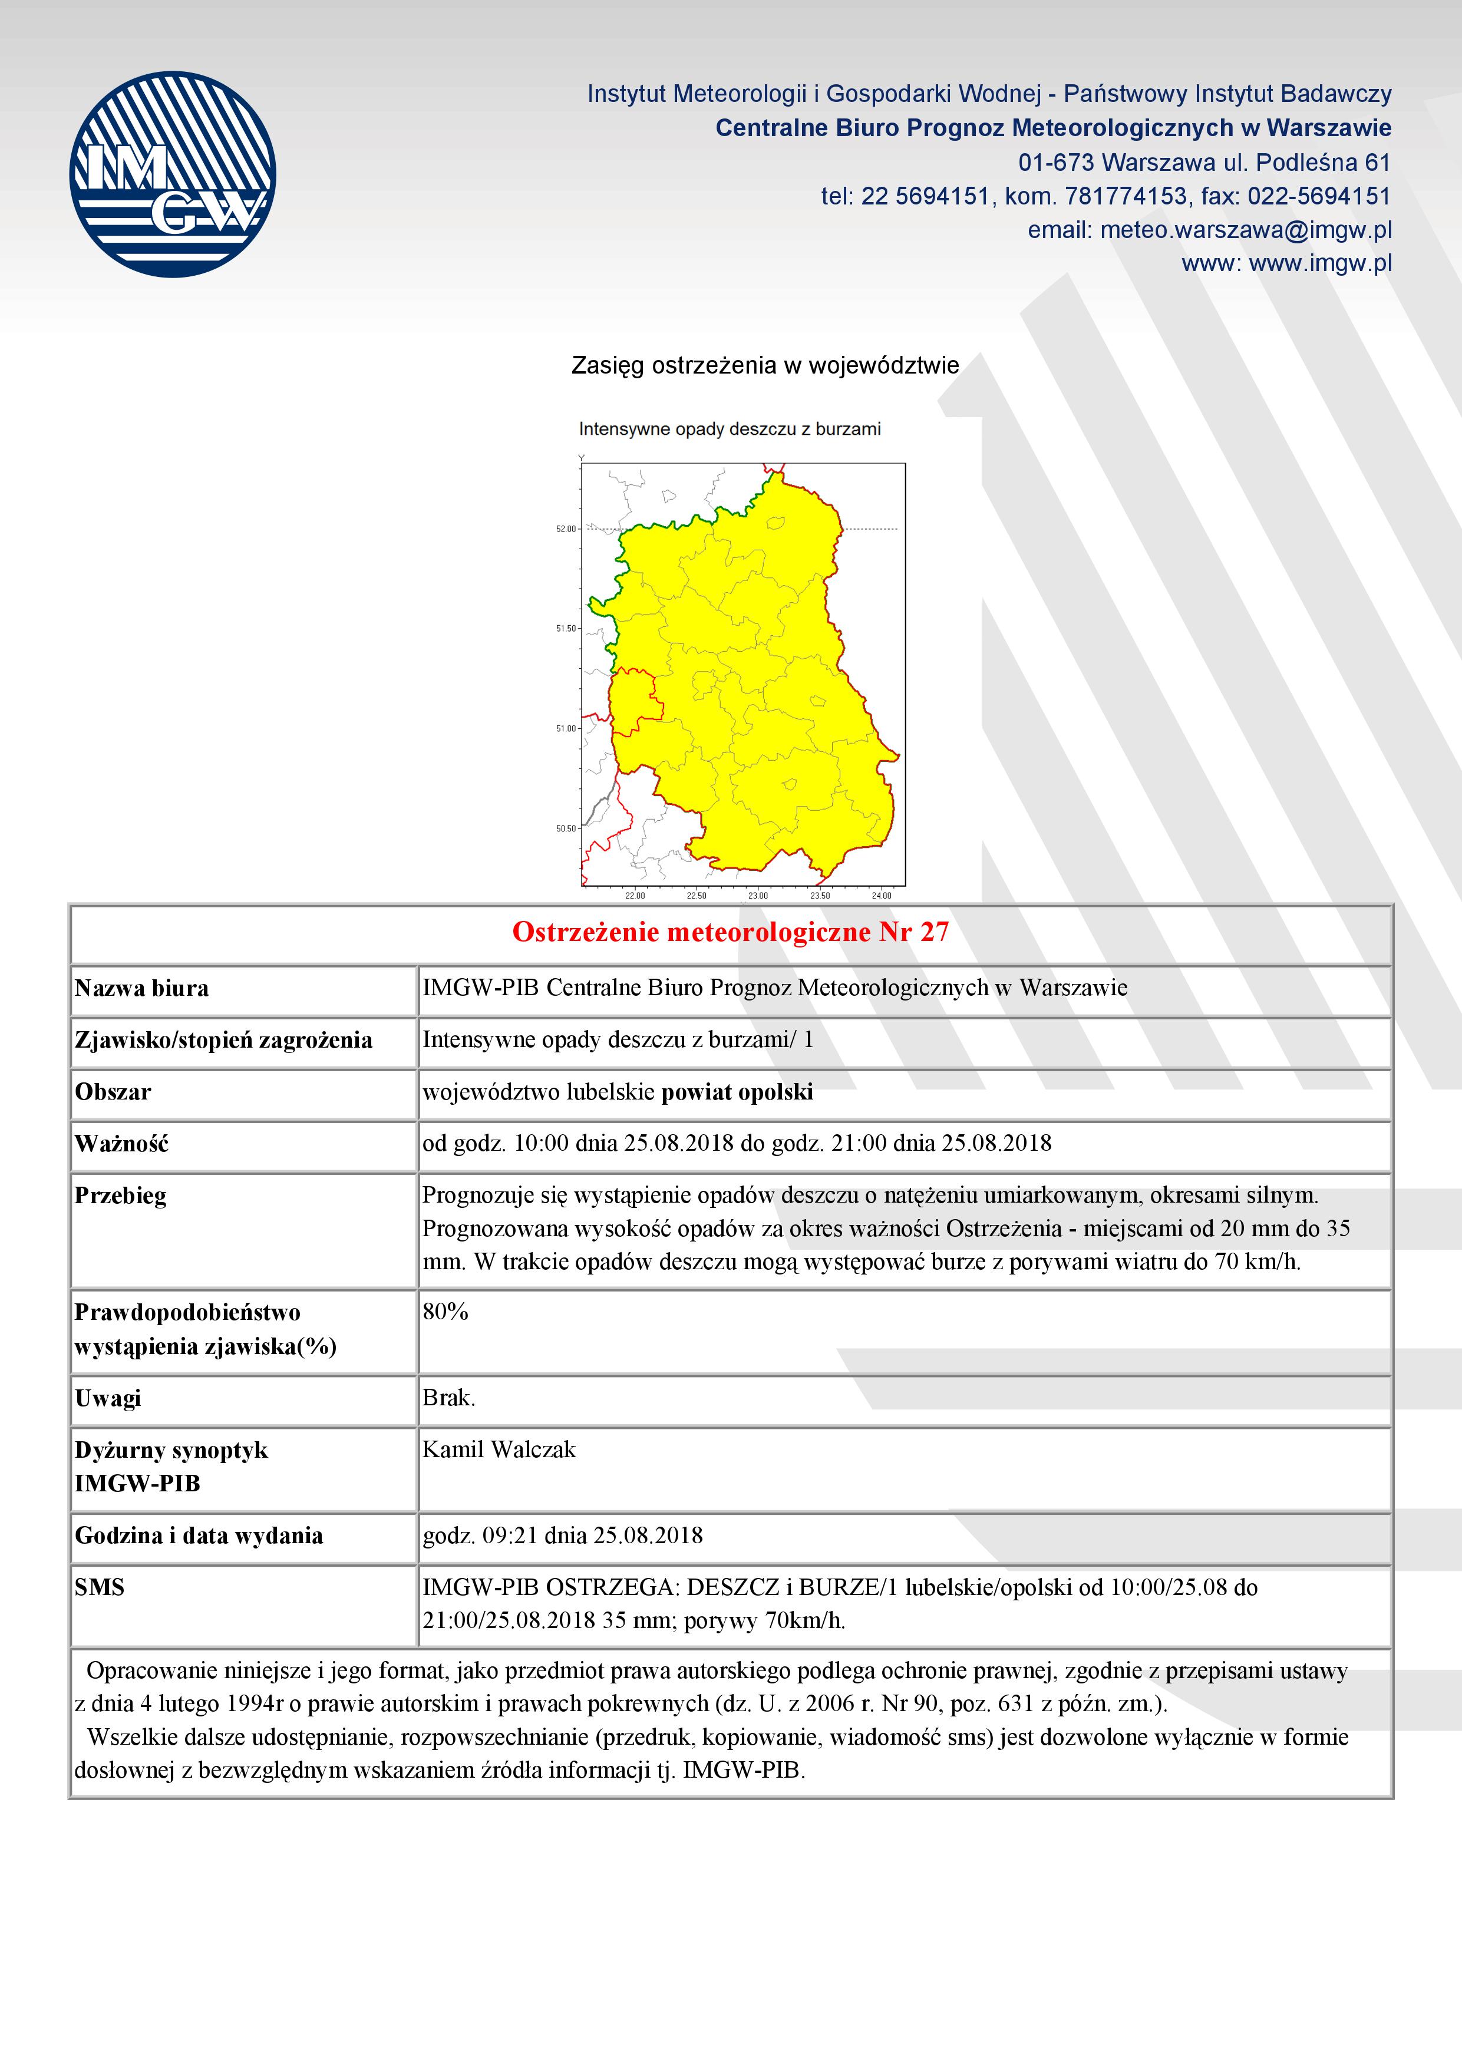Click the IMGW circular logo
[x=172, y=174]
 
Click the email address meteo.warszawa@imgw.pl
[x=1245, y=230]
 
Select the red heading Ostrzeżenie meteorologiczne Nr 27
[x=730, y=932]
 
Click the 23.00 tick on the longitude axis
[x=758, y=896]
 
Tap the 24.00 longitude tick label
[x=882, y=896]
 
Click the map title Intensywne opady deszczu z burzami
[x=729, y=430]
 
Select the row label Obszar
[x=113, y=1092]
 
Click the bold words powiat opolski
[x=737, y=1092]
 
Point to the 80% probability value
[x=445, y=1312]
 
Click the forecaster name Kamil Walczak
[x=499, y=1449]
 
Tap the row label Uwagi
[x=108, y=1398]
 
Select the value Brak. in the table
[x=448, y=1398]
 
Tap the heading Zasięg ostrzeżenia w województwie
[x=765, y=365]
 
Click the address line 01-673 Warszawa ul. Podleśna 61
[x=1204, y=163]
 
